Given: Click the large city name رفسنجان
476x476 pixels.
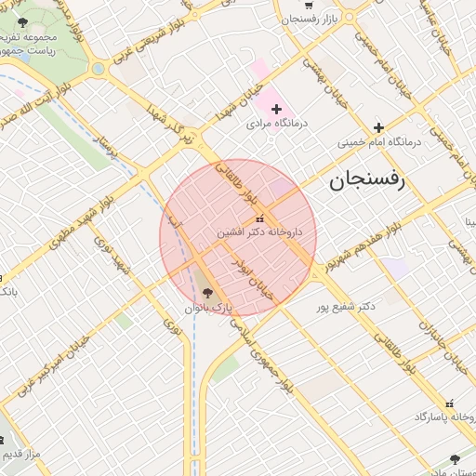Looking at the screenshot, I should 368,180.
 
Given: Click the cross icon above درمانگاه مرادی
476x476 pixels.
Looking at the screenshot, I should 276,109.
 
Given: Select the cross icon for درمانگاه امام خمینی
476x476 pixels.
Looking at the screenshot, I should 378,127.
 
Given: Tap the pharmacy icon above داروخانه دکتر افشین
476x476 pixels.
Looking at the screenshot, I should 245,218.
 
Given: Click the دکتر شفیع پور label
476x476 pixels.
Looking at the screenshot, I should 352,305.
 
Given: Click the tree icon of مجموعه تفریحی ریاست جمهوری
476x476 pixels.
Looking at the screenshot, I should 24,21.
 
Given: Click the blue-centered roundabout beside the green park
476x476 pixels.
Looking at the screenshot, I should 98,68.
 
